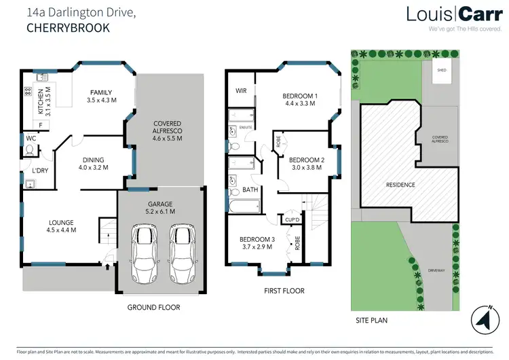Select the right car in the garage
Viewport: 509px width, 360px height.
[x=181, y=254]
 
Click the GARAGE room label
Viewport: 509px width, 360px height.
[x=161, y=203]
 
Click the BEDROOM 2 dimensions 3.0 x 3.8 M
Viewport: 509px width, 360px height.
[x=307, y=168]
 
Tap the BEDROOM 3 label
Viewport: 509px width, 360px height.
[x=257, y=238]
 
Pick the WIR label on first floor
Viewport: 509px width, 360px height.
[x=240, y=90]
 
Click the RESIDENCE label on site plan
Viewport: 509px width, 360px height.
[x=400, y=184]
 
